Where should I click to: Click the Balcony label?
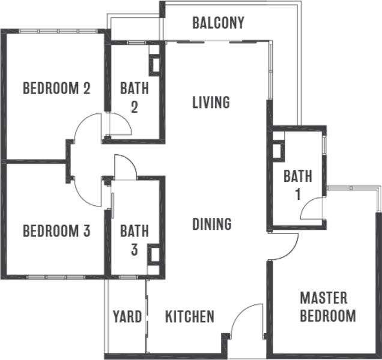[x=218, y=23]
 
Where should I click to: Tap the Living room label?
[x=211, y=103]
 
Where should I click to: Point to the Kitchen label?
[x=189, y=317]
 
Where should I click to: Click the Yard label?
[x=127, y=317]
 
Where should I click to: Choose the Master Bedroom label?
[x=327, y=307]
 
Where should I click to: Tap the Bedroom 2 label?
[x=56, y=89]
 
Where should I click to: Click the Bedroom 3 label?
[x=56, y=230]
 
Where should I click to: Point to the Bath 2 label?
[x=133, y=98]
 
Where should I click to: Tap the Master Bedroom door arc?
[x=282, y=246]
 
